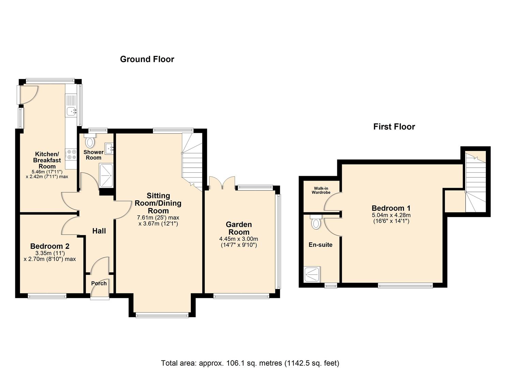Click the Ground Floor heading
pos(147,59)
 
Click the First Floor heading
pos(394,127)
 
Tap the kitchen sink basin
pos(72,111)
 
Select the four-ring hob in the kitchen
pos(71,154)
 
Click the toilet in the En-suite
pos(316,222)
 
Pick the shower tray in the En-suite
pos(312,275)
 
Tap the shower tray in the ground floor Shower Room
pos(106,175)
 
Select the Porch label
pos(99,283)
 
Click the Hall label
pos(99,231)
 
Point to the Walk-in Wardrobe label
pos(321,190)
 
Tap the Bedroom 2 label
pos(50,246)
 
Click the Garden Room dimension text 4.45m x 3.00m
pos(239,239)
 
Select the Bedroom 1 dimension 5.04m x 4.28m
pos(391,215)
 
